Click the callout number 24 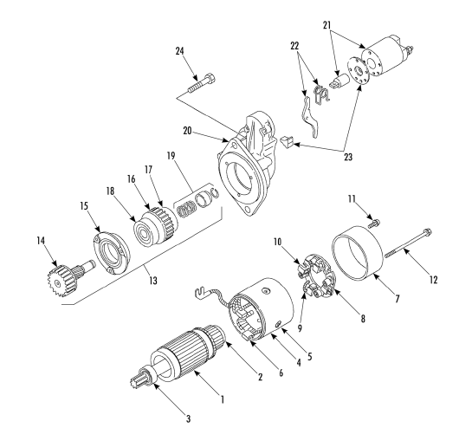(x=179, y=51)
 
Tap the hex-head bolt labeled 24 (x=202, y=82)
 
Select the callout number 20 (x=187, y=131)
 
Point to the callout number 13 (x=153, y=281)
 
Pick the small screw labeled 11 (x=374, y=223)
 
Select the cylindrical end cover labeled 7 (x=358, y=253)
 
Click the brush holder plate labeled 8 (x=316, y=275)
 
